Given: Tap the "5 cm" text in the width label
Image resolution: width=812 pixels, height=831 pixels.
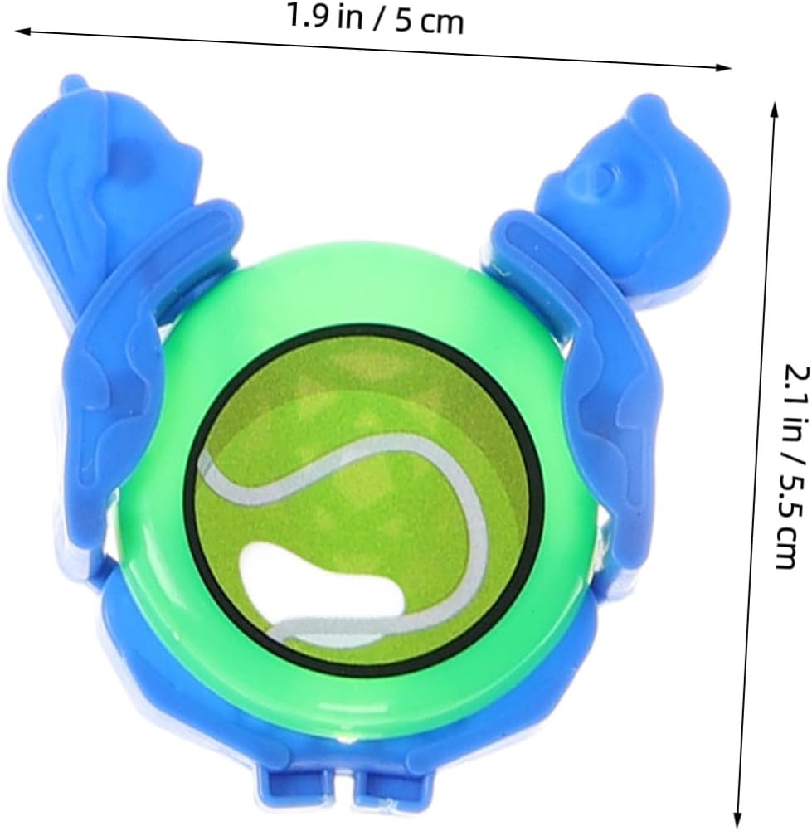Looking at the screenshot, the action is click(429, 22).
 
